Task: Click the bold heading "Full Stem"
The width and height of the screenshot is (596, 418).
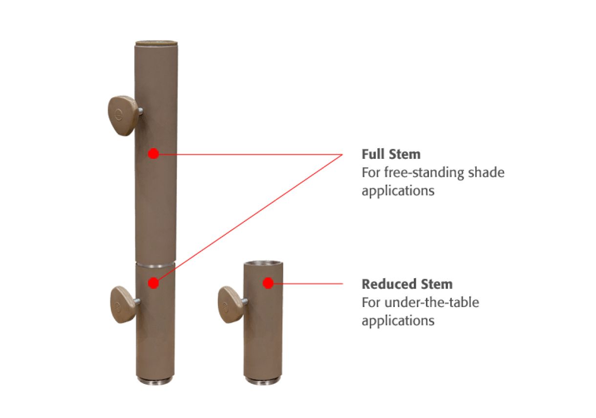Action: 391,154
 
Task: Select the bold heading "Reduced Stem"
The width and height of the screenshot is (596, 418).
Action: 407,284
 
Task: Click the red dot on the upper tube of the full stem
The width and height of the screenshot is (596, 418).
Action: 153,154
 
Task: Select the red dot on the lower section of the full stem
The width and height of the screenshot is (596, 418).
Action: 153,283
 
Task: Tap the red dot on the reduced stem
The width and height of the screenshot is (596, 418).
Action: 268,283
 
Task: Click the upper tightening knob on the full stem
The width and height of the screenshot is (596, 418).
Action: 123,115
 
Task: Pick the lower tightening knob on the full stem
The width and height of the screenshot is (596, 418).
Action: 124,305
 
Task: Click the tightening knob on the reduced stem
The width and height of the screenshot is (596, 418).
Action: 231,305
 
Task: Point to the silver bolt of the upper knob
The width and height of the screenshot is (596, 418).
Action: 140,111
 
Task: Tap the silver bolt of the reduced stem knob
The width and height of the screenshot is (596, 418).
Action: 245,302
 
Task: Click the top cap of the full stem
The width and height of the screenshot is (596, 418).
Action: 157,43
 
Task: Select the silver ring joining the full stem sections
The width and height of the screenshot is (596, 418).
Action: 155,265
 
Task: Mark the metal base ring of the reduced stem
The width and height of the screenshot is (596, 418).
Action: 263,380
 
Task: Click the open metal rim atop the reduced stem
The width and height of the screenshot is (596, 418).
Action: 263,264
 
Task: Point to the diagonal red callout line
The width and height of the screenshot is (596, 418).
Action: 248,219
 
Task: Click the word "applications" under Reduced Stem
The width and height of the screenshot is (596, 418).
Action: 398,321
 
